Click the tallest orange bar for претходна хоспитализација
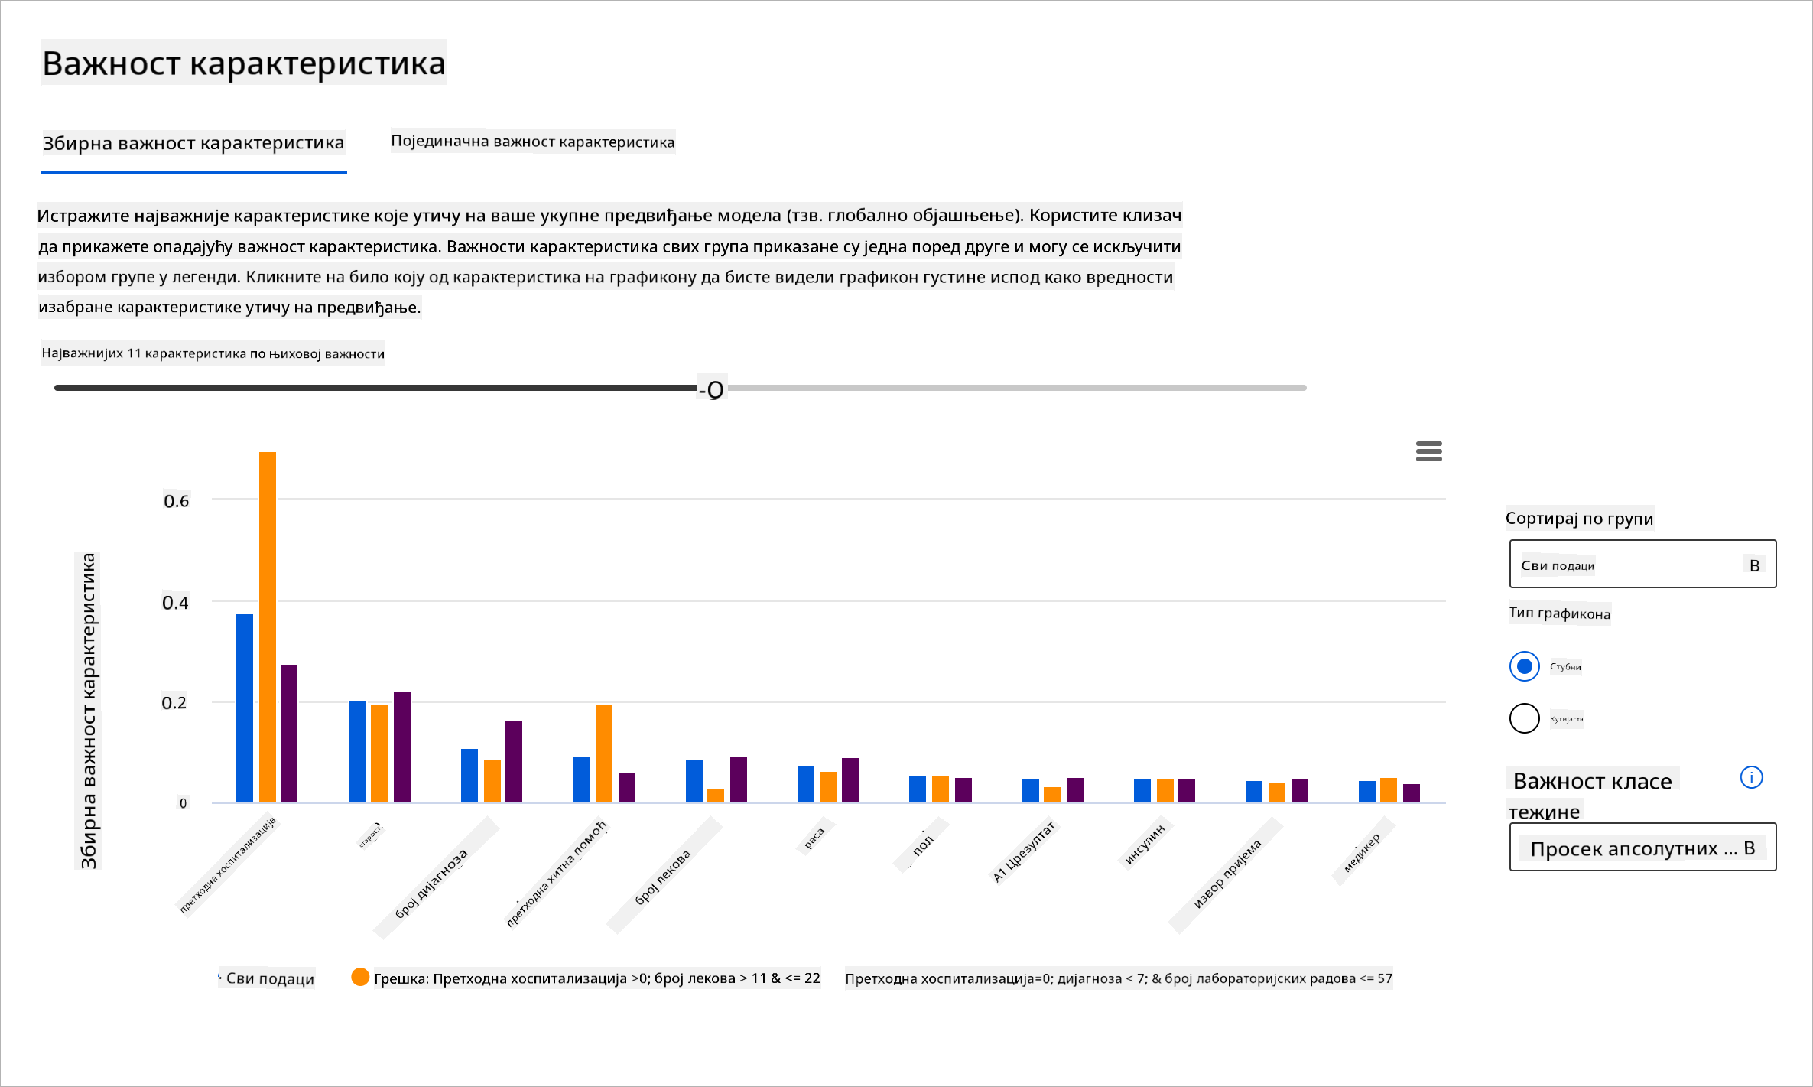(x=268, y=626)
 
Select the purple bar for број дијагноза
(x=514, y=761)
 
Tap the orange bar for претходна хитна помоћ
(x=604, y=753)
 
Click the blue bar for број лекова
(x=694, y=780)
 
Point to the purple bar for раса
(x=850, y=779)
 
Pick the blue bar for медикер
(x=1367, y=791)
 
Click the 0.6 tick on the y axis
(x=176, y=501)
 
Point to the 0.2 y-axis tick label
(x=174, y=703)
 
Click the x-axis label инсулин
(x=1145, y=845)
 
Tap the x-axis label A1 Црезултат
(x=1024, y=851)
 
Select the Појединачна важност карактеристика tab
(x=533, y=142)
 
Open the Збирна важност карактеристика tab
(x=193, y=143)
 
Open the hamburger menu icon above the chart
(x=1428, y=451)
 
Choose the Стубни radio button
(x=1524, y=666)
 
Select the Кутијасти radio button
(x=1524, y=718)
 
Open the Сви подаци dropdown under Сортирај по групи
(x=1642, y=565)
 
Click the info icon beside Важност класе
(x=1751, y=778)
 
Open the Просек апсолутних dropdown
(x=1642, y=848)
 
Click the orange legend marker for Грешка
(x=360, y=977)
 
